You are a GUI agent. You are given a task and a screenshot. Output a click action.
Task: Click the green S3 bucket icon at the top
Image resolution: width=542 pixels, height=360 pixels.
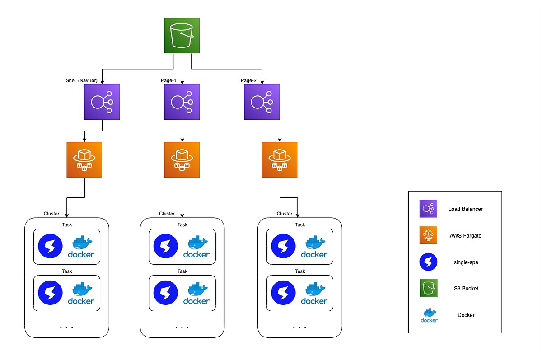[182, 35]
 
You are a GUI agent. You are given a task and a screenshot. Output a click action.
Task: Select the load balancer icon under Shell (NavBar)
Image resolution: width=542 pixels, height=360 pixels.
[102, 102]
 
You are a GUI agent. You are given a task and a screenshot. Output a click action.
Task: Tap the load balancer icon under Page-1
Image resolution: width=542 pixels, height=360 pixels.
[182, 102]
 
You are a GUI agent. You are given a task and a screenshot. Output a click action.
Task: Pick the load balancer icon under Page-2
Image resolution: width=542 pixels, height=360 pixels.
[262, 102]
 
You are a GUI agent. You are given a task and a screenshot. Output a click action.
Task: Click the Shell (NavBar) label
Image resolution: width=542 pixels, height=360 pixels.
[82, 81]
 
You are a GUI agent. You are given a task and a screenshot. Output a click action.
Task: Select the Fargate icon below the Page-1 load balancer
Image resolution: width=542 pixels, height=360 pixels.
[182, 159]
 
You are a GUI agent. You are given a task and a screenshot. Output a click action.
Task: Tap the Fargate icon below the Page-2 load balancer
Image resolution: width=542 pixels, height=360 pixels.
[280, 159]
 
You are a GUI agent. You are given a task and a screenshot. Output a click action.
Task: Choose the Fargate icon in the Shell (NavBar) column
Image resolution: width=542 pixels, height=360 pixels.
[84, 159]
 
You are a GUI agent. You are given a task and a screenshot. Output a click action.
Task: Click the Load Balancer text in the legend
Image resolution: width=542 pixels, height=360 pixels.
[466, 209]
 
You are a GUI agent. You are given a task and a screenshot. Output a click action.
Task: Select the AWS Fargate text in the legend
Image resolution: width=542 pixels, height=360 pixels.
[466, 235]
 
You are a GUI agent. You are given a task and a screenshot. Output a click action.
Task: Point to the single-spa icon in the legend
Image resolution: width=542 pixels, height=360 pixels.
[429, 262]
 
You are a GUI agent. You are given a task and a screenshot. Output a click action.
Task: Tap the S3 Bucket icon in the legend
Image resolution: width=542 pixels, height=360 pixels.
[429, 288]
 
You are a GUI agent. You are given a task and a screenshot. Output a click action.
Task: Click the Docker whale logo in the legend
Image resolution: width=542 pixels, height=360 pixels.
[429, 314]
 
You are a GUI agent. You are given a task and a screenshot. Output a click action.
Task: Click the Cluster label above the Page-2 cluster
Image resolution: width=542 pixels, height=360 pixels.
[284, 214]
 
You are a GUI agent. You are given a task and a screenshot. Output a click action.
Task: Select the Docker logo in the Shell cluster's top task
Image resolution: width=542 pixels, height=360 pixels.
[81, 247]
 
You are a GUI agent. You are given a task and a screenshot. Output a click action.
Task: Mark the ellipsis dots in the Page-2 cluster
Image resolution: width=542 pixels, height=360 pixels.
[299, 327]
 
